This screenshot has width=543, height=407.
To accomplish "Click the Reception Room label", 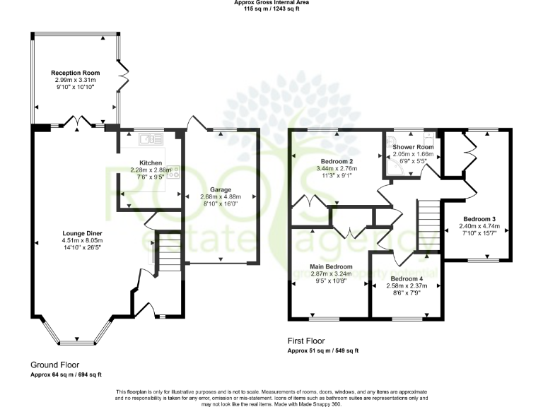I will [x=75, y=73].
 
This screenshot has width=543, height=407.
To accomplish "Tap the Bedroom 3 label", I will [x=479, y=218].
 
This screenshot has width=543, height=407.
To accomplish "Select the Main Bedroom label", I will [x=330, y=266].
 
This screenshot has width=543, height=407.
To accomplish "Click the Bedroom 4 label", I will [x=406, y=278].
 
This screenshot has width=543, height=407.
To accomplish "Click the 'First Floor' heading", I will [x=308, y=341].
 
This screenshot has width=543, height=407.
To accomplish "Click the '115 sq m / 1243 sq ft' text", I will [x=271, y=9].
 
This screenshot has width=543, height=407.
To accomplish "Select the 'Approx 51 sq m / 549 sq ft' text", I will [x=323, y=351].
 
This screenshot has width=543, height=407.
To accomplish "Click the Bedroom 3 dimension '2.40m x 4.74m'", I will [x=479, y=227].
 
